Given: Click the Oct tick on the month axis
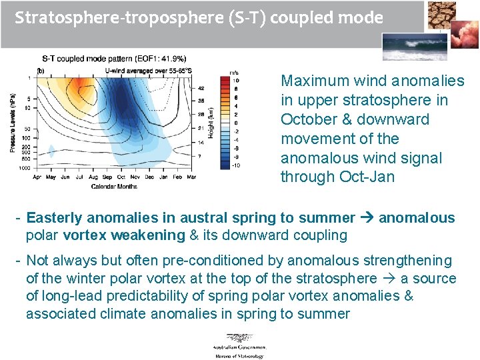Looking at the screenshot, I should [121, 178].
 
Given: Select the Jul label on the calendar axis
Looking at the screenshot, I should [79, 178].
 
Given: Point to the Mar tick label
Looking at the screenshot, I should [191, 178].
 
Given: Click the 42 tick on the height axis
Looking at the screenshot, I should [202, 88].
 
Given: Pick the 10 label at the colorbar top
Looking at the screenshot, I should [235, 79].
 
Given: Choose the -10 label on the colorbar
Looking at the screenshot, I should [235, 164].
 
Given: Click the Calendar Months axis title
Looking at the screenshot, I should [114, 186].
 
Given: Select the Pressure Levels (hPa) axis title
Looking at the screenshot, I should [13, 123].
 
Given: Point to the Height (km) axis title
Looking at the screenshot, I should [211, 123].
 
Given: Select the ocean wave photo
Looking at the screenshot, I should [409, 47].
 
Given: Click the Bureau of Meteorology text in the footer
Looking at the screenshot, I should [239, 355].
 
